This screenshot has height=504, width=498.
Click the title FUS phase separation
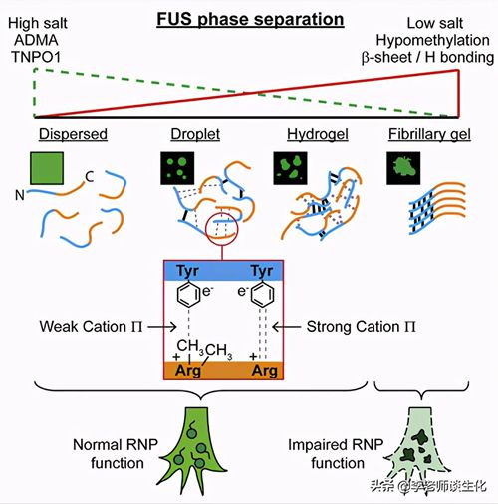[x=250, y=19]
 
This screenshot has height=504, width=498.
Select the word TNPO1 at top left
[x=36, y=57]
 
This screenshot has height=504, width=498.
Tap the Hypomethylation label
[x=432, y=41]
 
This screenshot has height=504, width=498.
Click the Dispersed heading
[x=73, y=134]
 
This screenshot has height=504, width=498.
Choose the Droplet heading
[x=195, y=134]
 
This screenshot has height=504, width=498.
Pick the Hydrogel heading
[x=318, y=134]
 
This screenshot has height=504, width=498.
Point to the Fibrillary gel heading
[x=429, y=134]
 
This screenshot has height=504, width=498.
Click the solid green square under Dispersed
[x=47, y=168]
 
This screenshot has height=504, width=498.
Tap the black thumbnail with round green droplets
[x=177, y=168]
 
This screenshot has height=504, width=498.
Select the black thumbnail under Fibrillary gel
[x=403, y=168]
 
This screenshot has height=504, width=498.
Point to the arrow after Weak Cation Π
[x=162, y=327]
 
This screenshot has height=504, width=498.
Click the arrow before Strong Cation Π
[x=286, y=327]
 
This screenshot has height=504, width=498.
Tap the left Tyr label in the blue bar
[x=188, y=271]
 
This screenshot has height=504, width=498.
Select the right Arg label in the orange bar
[x=265, y=371]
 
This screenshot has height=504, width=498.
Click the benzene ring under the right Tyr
[x=262, y=295]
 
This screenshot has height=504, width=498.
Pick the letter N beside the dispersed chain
[x=20, y=195]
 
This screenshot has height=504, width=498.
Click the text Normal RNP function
[x=116, y=454]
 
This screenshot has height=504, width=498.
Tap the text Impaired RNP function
[x=336, y=454]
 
